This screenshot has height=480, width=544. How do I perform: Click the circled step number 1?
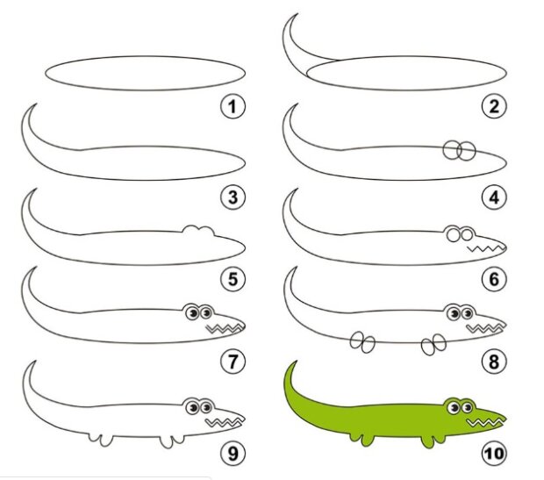pyautogui.click(x=233, y=106)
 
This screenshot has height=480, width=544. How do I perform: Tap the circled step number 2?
pyautogui.click(x=494, y=106)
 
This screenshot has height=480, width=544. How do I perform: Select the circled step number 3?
pyautogui.click(x=233, y=197)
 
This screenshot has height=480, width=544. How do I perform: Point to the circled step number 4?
pyautogui.click(x=494, y=197)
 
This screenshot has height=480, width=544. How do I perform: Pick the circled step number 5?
pyautogui.click(x=233, y=279)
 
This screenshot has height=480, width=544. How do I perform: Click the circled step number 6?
pyautogui.click(x=494, y=279)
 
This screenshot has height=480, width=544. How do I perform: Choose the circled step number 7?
pyautogui.click(x=233, y=361)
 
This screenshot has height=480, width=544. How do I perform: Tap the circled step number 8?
pyautogui.click(x=494, y=361)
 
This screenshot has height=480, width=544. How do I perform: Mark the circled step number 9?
pyautogui.click(x=233, y=453)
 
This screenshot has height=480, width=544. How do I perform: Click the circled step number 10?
pyautogui.click(x=494, y=453)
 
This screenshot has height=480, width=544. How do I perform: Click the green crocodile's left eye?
pyautogui.click(x=454, y=407)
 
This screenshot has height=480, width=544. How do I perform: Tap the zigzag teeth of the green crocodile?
pyautogui.click(x=485, y=422)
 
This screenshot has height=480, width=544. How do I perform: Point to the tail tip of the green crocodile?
pyautogui.click(x=297, y=362)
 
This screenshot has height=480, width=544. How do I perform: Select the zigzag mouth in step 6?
pyautogui.click(x=485, y=249)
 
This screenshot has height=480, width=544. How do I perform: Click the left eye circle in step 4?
pyautogui.click(x=452, y=151)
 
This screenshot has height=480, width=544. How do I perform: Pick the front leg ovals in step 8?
pyautogui.click(x=433, y=344)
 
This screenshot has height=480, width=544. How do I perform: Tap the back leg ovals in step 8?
pyautogui.click(x=362, y=342)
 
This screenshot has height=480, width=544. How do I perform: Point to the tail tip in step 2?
pyautogui.click(x=297, y=15)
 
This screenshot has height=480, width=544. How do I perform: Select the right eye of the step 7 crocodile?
pyautogui.click(x=207, y=313)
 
